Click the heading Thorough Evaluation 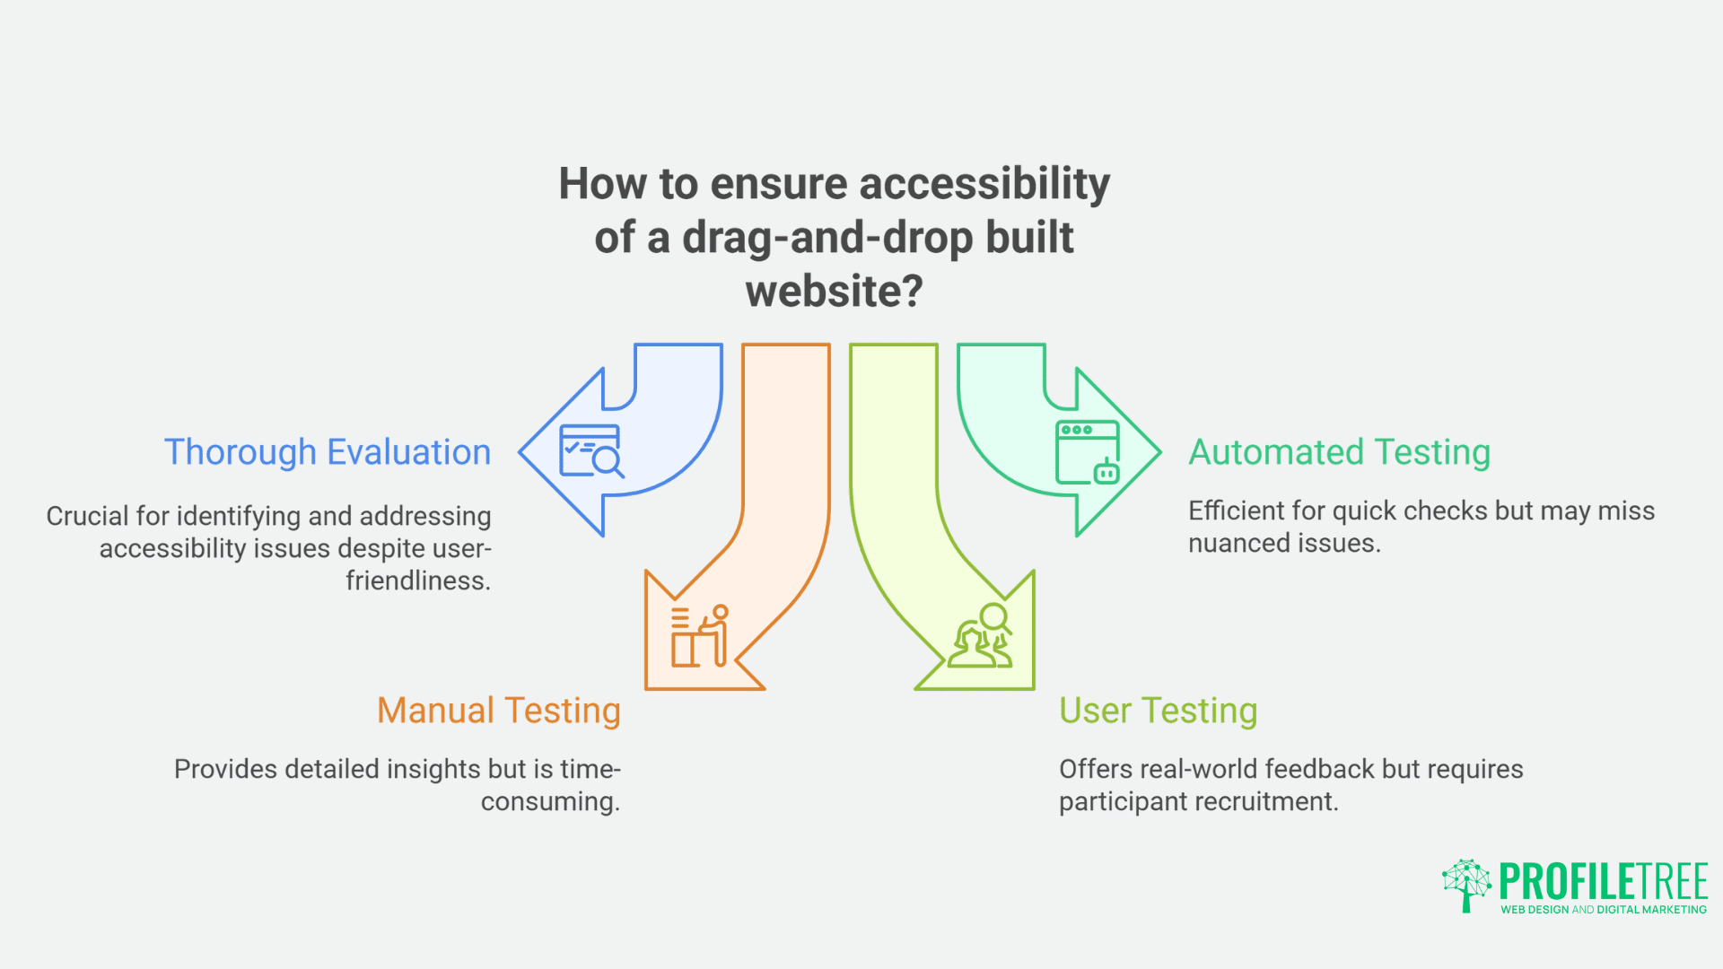(x=328, y=452)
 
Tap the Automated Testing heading (x=1339, y=452)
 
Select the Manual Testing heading (x=499, y=711)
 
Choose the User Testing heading (x=1158, y=711)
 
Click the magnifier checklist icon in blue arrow (x=590, y=450)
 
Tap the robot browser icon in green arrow (x=1088, y=452)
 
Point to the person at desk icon (x=700, y=636)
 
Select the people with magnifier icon (x=981, y=636)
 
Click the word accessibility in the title (x=984, y=184)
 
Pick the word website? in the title (x=834, y=292)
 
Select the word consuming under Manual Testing (x=549, y=802)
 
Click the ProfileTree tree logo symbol (x=1466, y=885)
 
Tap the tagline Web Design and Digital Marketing (x=1603, y=910)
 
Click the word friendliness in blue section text (x=417, y=581)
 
